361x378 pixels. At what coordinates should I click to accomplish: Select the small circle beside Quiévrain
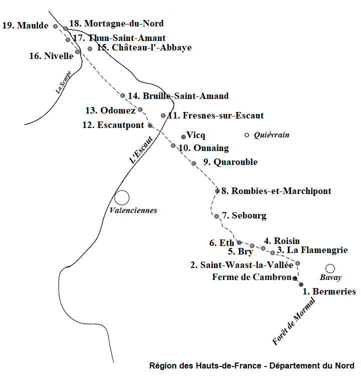pyautogui.click(x=246, y=135)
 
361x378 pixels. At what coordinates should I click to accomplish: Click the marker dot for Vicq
pyautogui.click(x=184, y=137)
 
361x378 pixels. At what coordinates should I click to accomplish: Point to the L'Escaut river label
pyautogui.click(x=141, y=149)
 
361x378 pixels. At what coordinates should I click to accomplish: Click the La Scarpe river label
pyautogui.click(x=63, y=82)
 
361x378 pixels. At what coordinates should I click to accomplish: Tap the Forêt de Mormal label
pyautogui.click(x=293, y=321)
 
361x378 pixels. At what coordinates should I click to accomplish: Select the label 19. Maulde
pyautogui.click(x=26, y=25)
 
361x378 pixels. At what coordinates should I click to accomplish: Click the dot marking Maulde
pyautogui.click(x=55, y=26)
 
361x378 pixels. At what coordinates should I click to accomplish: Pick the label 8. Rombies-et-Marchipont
pyautogui.click(x=276, y=191)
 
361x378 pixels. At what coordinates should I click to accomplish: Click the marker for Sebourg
pyautogui.click(x=217, y=216)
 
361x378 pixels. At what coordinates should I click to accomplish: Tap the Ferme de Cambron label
pyautogui.click(x=252, y=277)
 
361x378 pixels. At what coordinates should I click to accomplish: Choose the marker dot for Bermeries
pyautogui.click(x=301, y=284)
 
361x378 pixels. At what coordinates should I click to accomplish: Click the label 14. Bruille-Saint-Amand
pyautogui.click(x=178, y=96)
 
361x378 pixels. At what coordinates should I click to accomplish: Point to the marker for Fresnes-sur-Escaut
pyautogui.click(x=163, y=115)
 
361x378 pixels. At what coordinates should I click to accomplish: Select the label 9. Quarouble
pyautogui.click(x=230, y=162)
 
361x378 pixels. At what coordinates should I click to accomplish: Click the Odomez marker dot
pyautogui.click(x=140, y=110)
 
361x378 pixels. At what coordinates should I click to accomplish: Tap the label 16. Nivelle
pyautogui.click(x=51, y=56)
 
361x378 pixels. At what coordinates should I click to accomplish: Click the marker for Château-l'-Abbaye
pyautogui.click(x=90, y=49)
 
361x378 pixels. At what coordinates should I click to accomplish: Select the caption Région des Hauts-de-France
pyautogui.click(x=205, y=365)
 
